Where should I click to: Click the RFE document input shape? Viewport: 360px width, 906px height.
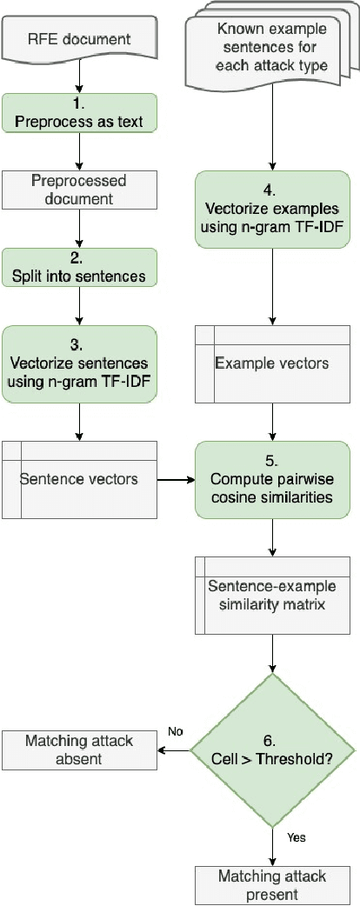79,38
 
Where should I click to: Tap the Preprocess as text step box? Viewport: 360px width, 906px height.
79,113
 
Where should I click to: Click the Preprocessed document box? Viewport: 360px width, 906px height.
79,190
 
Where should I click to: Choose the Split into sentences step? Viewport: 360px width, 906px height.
79,267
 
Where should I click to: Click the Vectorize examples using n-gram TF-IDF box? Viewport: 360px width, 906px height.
274,210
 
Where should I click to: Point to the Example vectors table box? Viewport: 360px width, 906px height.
274,363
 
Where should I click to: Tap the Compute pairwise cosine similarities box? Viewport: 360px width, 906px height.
274,479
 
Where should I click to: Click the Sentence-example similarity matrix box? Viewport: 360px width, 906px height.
274,595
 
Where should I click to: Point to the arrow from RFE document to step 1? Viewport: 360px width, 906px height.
79,77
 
